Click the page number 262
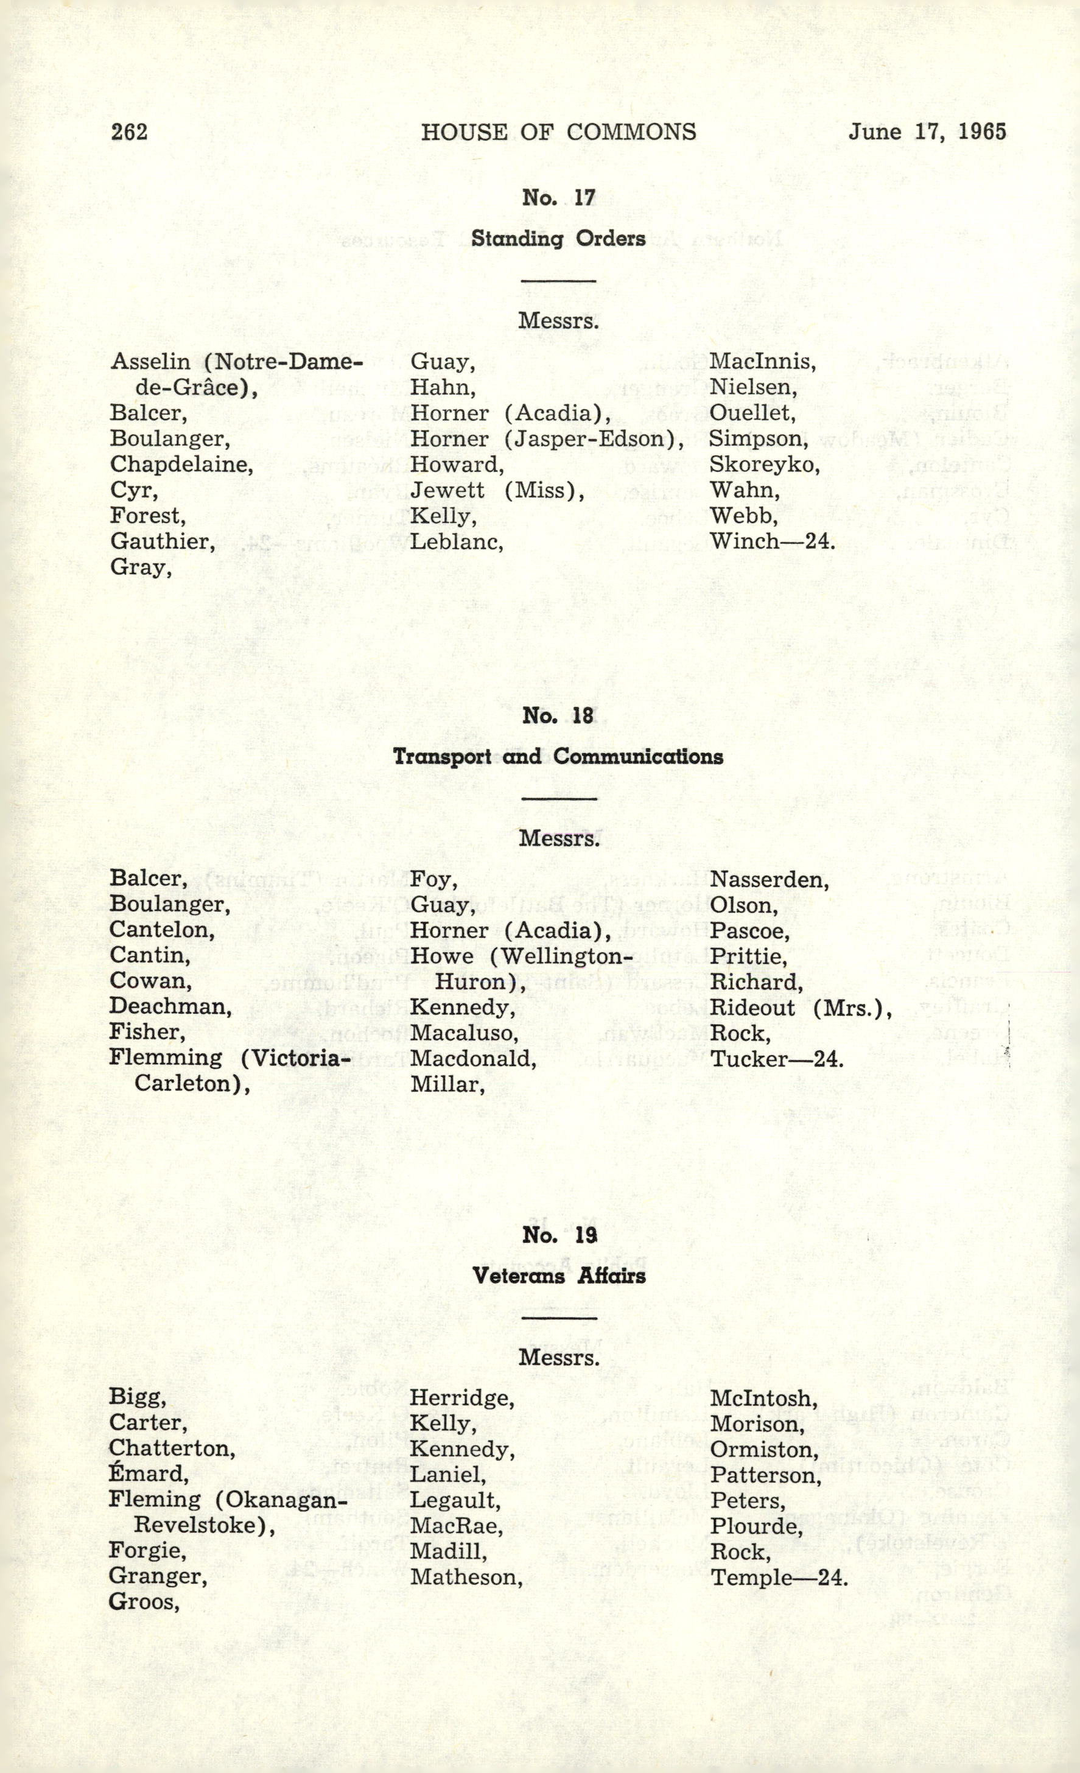tap(130, 132)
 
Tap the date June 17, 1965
tap(927, 132)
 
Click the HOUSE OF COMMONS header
tap(558, 132)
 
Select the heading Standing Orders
tap(558, 239)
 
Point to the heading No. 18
tap(558, 716)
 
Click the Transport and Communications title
tap(558, 757)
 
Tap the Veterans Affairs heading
tap(558, 1276)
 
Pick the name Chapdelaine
tap(181, 465)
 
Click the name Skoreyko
tap(765, 465)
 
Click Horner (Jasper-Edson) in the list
tap(547, 439)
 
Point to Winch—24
tap(773, 542)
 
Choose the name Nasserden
tap(769, 880)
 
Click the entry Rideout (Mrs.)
tap(801, 1009)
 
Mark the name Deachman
tap(170, 1008)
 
